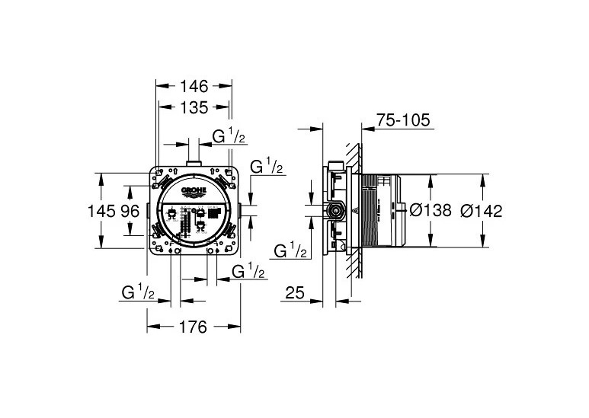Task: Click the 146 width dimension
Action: point(194,86)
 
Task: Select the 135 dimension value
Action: point(194,107)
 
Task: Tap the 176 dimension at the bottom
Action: point(193,327)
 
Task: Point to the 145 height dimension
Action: point(101,211)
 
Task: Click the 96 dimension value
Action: point(130,211)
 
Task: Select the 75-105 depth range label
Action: point(403,120)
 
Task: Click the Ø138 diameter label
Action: point(431,210)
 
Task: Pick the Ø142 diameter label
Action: point(482,211)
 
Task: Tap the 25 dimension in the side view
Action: point(295,292)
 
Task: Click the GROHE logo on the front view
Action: point(194,190)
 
